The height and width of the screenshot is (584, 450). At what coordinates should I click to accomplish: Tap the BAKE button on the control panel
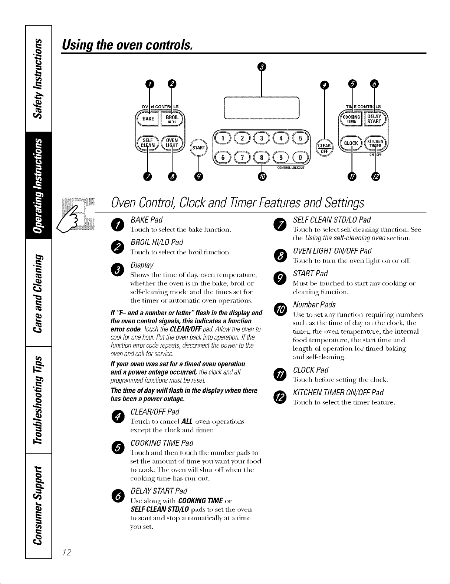[x=148, y=119]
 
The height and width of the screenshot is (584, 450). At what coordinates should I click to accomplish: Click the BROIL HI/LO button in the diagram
[x=172, y=119]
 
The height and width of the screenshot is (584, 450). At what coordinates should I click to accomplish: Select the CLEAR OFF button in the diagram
[x=324, y=148]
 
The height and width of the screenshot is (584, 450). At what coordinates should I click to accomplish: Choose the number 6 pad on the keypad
[x=223, y=158]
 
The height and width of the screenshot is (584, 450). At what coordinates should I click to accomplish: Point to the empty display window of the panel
[x=262, y=108]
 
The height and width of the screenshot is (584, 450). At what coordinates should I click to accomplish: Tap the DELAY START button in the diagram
[x=374, y=119]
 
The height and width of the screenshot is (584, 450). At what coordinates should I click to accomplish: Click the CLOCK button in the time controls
[x=351, y=143]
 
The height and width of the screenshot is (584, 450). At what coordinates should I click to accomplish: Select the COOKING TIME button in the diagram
[x=351, y=119]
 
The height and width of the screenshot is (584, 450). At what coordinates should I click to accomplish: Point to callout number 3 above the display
[x=262, y=67]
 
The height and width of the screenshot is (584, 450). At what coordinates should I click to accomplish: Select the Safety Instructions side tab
[x=39, y=78]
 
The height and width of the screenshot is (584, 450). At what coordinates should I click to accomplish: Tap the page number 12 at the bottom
[x=67, y=552]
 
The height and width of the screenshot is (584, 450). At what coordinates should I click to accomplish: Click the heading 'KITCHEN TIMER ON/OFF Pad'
[x=338, y=393]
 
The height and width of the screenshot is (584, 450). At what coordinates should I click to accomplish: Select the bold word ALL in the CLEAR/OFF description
[x=187, y=421]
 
